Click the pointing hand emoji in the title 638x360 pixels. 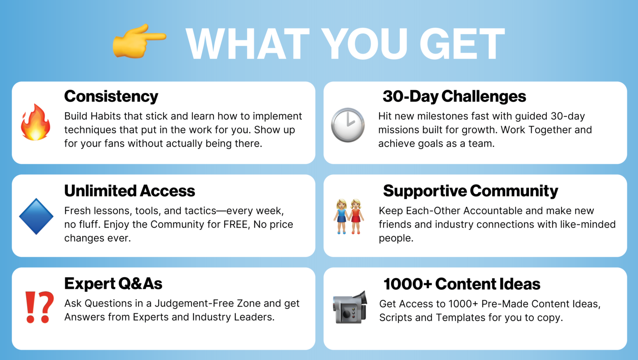click(139, 41)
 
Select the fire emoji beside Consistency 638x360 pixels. click(35, 122)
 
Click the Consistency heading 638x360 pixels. click(111, 96)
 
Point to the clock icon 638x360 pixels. click(348, 125)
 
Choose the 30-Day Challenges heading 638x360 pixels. click(454, 96)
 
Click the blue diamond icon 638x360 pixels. click(36, 216)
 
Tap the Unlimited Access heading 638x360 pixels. click(129, 191)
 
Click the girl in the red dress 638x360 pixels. click(356, 217)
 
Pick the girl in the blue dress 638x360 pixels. click(341, 217)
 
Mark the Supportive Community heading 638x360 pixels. click(471, 191)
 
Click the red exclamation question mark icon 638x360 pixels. click(39, 307)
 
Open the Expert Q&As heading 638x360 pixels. click(113, 283)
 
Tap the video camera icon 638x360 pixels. click(350, 307)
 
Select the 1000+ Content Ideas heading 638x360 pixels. click(462, 284)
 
